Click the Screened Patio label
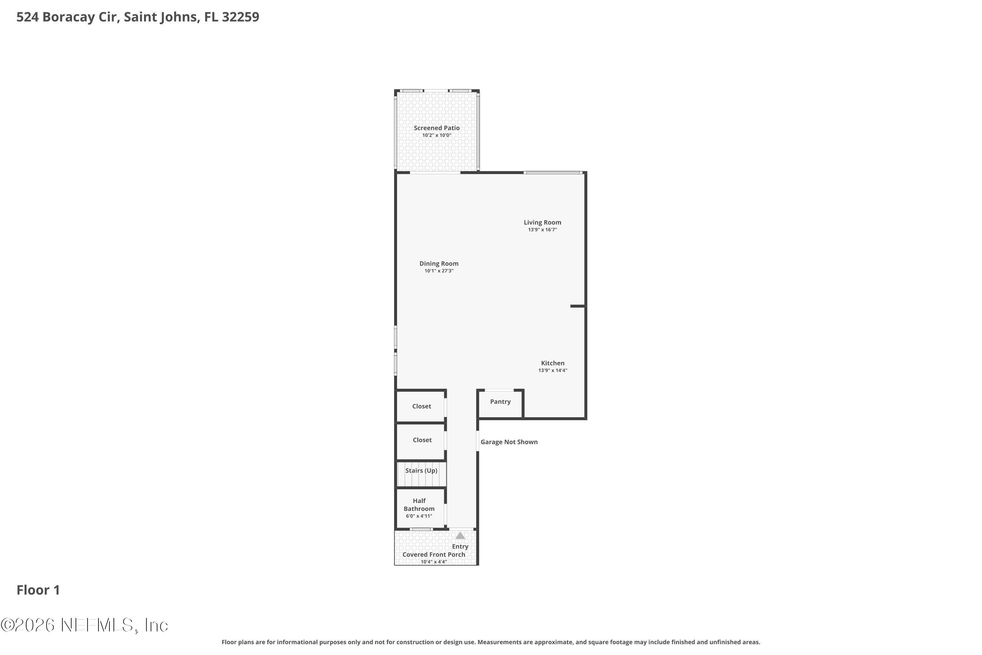[x=436, y=128]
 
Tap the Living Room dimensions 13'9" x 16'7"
[x=542, y=230]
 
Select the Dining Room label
[x=439, y=264]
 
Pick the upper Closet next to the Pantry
[x=421, y=406]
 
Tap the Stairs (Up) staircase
[x=421, y=474]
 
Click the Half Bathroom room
[x=420, y=508]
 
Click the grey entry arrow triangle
[x=460, y=535]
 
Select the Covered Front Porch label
[x=434, y=555]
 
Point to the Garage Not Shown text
[x=509, y=442]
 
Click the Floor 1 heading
[x=38, y=590]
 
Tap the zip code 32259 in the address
[x=241, y=17]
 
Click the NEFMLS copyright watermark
[x=84, y=625]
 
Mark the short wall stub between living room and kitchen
[x=577, y=306]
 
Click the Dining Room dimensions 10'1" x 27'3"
[x=439, y=271]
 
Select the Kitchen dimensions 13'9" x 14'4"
[x=553, y=370]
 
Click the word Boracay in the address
[x=79, y=17]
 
